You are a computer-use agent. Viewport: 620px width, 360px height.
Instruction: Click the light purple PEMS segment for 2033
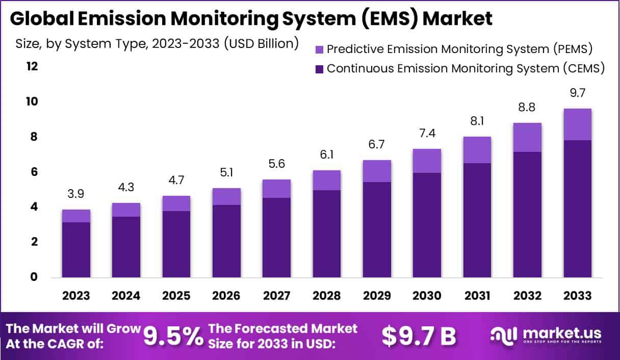tap(577, 124)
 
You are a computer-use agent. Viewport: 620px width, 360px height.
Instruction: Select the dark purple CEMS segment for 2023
tap(76, 249)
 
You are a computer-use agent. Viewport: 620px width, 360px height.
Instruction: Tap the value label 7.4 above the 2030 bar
tap(427, 133)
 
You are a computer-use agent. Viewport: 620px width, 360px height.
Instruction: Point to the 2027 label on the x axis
tap(276, 296)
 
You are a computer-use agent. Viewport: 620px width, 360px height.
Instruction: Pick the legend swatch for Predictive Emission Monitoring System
tap(319, 49)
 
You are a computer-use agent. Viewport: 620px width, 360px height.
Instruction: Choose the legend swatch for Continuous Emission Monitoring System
tap(319, 68)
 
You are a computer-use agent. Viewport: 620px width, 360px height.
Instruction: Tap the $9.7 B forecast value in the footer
tap(419, 336)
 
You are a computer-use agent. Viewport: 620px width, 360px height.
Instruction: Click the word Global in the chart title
tap(39, 18)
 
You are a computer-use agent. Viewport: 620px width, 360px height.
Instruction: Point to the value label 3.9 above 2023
tap(76, 194)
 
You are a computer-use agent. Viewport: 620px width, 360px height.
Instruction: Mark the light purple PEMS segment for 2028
tap(326, 180)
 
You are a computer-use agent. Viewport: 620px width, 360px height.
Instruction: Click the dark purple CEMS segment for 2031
tap(477, 220)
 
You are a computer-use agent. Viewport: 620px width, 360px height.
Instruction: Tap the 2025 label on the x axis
tap(176, 296)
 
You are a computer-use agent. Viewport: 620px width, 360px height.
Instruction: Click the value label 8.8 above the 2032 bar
tap(527, 108)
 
